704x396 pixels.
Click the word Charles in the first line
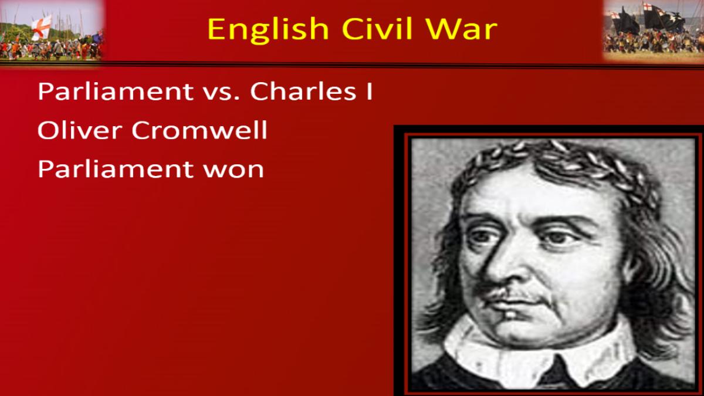click(x=303, y=92)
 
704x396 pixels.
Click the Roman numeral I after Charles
click(x=369, y=92)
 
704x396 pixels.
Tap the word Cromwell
click(x=199, y=130)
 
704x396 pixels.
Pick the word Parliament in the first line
click(x=116, y=92)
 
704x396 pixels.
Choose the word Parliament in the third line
click(x=116, y=169)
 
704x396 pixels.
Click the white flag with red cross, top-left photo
click(x=42, y=28)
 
